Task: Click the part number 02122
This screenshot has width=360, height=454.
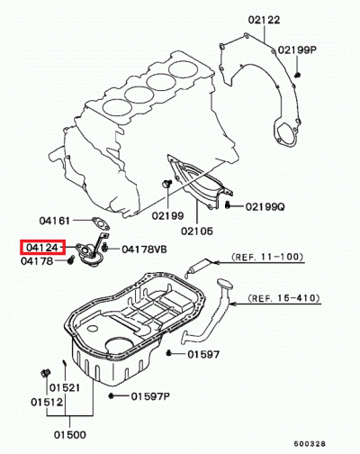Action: pos(261,18)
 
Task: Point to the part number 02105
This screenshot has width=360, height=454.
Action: pos(198,231)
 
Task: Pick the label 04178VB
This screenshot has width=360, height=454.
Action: pos(144,249)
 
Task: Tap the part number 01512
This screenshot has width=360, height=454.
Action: pos(44,402)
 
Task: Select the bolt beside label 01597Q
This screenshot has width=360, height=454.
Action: pos(111,395)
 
